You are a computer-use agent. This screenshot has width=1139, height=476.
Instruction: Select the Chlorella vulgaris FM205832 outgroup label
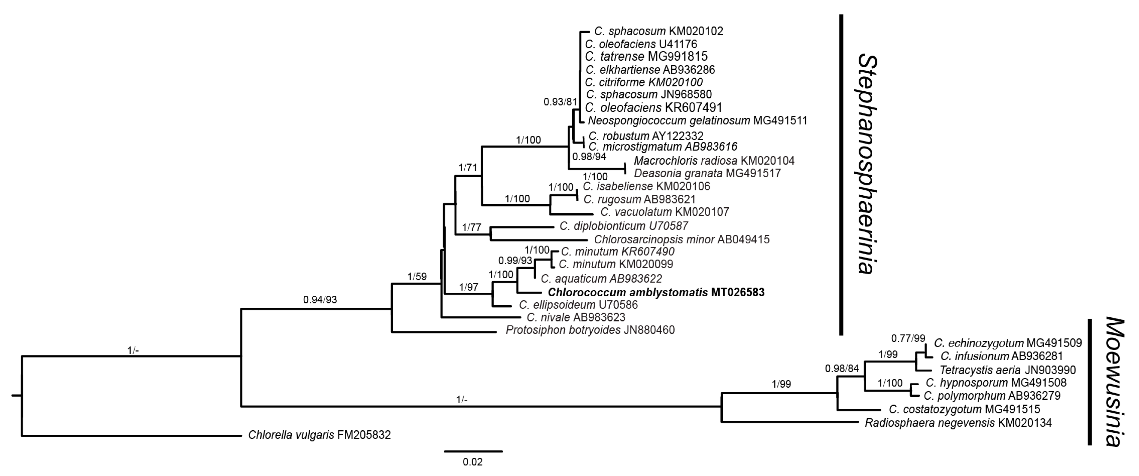pyautogui.click(x=319, y=435)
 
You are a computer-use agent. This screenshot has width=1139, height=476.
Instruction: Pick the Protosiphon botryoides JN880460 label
pyautogui.click(x=590, y=330)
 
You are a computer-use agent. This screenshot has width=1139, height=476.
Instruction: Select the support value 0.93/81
pyautogui.click(x=560, y=102)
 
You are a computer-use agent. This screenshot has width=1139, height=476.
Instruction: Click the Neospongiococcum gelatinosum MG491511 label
pyautogui.click(x=697, y=120)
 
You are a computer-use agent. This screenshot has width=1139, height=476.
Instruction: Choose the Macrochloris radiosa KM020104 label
pyautogui.click(x=714, y=160)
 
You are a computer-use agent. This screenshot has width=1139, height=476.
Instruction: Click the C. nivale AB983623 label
pyautogui.click(x=576, y=317)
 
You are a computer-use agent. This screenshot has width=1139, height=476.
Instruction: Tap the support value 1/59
pyautogui.click(x=417, y=277)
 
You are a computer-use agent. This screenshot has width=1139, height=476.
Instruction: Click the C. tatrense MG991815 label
pyautogui.click(x=646, y=56)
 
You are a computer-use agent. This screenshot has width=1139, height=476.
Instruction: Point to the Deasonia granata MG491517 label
pyautogui.click(x=707, y=173)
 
